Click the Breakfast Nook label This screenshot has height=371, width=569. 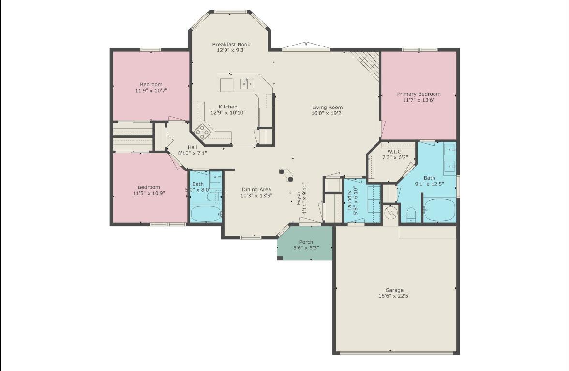pyautogui.click(x=231, y=45)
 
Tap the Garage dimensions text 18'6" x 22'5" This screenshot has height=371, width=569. pyautogui.click(x=394, y=296)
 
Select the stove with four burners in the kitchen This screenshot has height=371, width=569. pyautogui.click(x=202, y=130)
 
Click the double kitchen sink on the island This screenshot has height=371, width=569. pyautogui.click(x=247, y=84)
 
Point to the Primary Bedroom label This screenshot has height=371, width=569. pyautogui.click(x=419, y=94)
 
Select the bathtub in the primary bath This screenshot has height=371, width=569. pyautogui.click(x=439, y=210)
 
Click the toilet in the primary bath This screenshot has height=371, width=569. pyautogui.click(x=411, y=214)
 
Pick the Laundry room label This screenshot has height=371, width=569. pyautogui.click(x=349, y=201)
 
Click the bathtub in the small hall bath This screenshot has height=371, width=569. pyautogui.click(x=205, y=214)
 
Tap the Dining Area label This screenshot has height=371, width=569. pyautogui.click(x=256, y=190)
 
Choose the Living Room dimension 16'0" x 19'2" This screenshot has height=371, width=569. pyautogui.click(x=327, y=113)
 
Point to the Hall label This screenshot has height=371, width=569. pyautogui.click(x=192, y=147)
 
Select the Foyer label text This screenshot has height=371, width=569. pyautogui.click(x=299, y=198)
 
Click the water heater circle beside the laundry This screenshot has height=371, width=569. pyautogui.click(x=391, y=212)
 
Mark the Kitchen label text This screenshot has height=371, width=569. pyautogui.click(x=228, y=107)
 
